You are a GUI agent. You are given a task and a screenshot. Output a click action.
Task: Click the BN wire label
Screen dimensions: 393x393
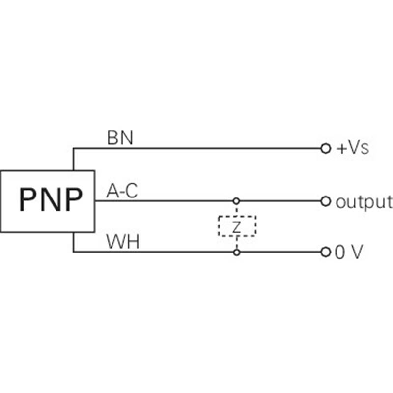click(x=120, y=138)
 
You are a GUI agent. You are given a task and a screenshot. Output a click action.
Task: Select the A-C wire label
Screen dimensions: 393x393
click(x=122, y=192)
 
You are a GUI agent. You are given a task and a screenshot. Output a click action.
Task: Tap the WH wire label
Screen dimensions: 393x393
click(x=122, y=242)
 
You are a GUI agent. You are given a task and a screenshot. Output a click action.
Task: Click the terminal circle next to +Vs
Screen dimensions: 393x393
click(x=324, y=148)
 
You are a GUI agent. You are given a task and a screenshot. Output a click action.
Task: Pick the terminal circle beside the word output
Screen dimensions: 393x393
click(x=324, y=201)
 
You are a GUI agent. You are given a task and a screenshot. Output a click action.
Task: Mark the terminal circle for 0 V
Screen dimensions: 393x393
click(x=324, y=253)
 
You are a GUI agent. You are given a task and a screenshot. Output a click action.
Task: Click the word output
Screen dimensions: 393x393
click(x=364, y=201)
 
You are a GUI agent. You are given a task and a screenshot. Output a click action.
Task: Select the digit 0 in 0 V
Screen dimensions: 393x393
click(x=339, y=253)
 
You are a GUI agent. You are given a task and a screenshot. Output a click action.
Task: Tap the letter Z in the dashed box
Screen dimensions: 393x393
click(x=236, y=226)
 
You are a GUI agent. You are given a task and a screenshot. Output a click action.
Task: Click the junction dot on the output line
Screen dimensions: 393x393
click(x=236, y=201)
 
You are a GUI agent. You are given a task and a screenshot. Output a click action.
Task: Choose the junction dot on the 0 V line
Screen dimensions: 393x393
click(x=236, y=253)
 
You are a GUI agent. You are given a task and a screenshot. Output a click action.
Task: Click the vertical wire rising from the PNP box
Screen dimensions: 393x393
click(x=73, y=159)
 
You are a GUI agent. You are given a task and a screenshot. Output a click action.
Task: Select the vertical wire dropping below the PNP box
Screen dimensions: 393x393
click(x=73, y=242)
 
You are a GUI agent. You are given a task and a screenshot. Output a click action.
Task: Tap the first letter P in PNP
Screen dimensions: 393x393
click(x=28, y=200)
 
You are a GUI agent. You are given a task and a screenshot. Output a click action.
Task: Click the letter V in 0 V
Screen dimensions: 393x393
click(x=356, y=253)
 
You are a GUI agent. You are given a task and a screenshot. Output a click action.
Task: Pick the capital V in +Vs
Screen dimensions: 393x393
click(x=355, y=148)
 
